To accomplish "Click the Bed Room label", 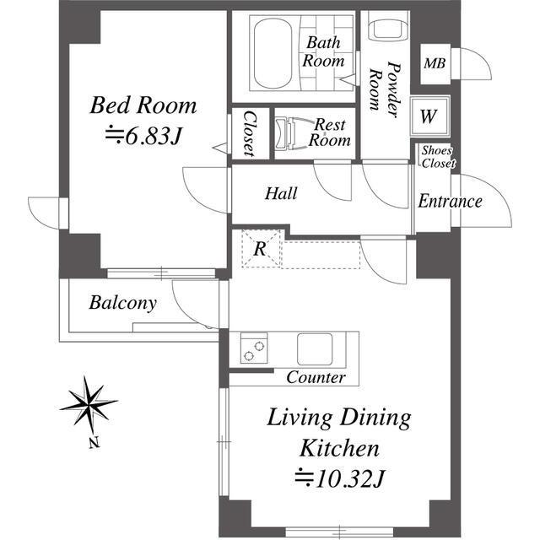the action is tap(143, 105).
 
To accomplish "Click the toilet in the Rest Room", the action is tap(292, 133).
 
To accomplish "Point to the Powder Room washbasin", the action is tap(388, 29).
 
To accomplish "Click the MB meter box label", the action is tap(435, 64).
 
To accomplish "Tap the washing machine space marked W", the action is tap(429, 116).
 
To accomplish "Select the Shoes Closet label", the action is tap(438, 157).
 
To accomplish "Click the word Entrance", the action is tap(450, 202).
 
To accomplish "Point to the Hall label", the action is tap(281, 193).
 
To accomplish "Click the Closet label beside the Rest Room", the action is tap(251, 133).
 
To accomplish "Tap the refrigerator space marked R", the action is tap(261, 248).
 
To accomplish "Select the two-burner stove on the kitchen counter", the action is tap(254, 348).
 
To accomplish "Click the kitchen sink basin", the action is tap(315, 348).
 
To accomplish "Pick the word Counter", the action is tap(316, 377).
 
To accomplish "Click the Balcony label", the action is tap(123, 303).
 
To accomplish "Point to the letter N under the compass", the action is tap(94, 442).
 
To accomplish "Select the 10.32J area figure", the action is tap(339, 478).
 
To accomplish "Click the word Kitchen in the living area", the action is tap(339, 448).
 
